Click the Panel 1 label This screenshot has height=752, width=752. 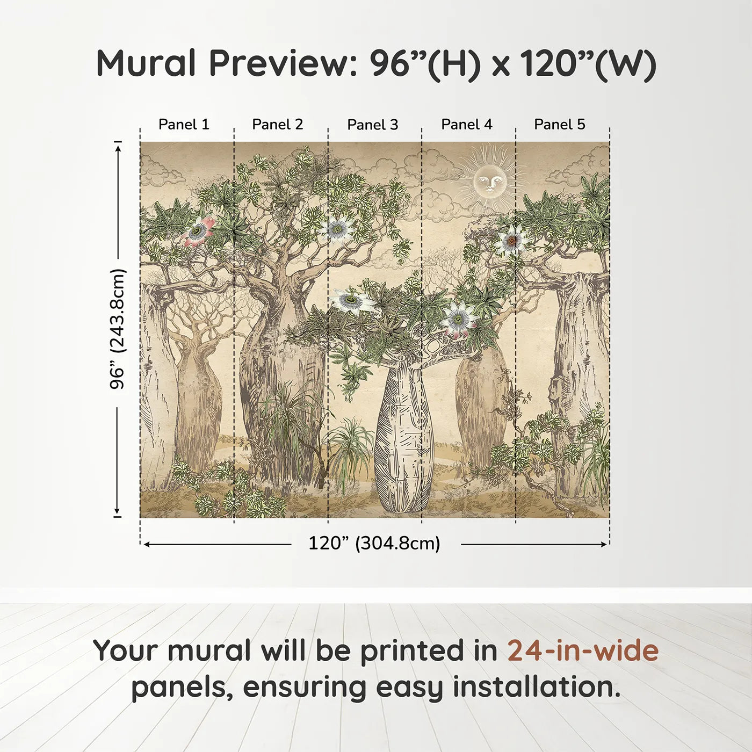[x=184, y=125]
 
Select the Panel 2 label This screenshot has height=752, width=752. [x=278, y=125]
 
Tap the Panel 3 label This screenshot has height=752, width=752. [x=373, y=125]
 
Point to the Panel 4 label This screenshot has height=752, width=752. [x=467, y=125]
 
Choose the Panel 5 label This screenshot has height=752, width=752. [x=560, y=125]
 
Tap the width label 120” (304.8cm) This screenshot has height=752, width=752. [x=374, y=544]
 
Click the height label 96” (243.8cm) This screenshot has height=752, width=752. [x=117, y=329]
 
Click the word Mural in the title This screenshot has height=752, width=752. [x=146, y=63]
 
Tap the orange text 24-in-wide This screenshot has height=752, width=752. [x=583, y=650]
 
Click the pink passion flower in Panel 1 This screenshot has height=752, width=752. [x=198, y=231]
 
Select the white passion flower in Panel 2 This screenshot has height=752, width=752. [x=337, y=230]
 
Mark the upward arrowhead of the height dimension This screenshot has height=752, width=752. [x=118, y=146]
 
